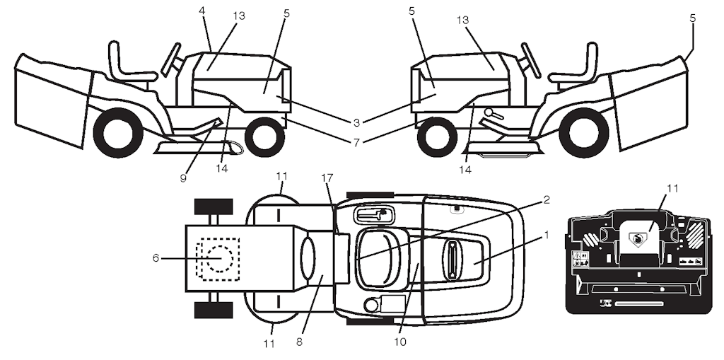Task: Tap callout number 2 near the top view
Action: click(x=545, y=200)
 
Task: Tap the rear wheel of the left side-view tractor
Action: click(x=117, y=132)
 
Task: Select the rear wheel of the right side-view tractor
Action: click(x=583, y=132)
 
